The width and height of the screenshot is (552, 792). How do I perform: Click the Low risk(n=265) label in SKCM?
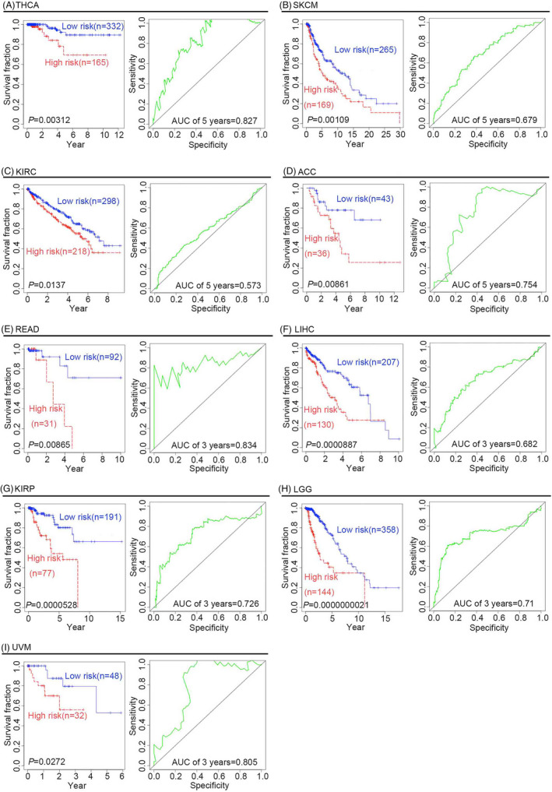pyautogui.click(x=368, y=50)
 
